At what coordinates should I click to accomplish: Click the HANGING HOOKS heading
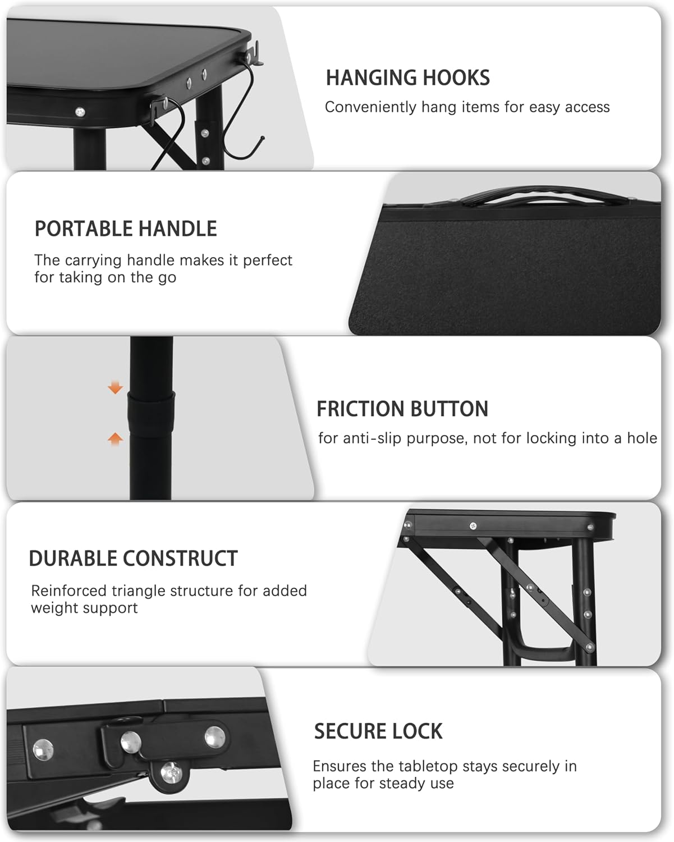click(407, 77)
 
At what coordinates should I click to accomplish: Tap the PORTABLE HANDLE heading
click(126, 228)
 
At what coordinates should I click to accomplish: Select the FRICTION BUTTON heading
click(402, 409)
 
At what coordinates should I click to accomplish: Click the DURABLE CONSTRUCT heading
click(133, 559)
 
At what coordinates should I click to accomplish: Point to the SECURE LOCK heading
click(378, 731)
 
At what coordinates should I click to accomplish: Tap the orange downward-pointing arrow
click(115, 387)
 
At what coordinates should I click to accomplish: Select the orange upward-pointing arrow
click(115, 439)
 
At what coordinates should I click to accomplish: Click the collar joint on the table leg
click(150, 413)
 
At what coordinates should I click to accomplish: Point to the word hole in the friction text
click(642, 438)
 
